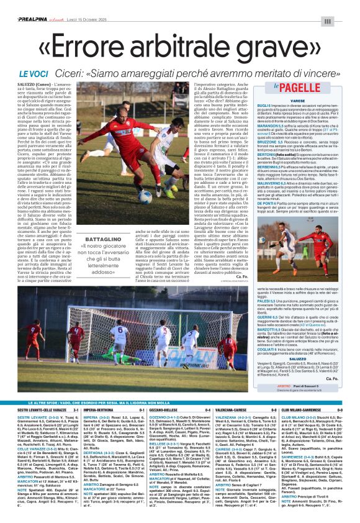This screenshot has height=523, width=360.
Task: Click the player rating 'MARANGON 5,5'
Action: click(x=288, y=127)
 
